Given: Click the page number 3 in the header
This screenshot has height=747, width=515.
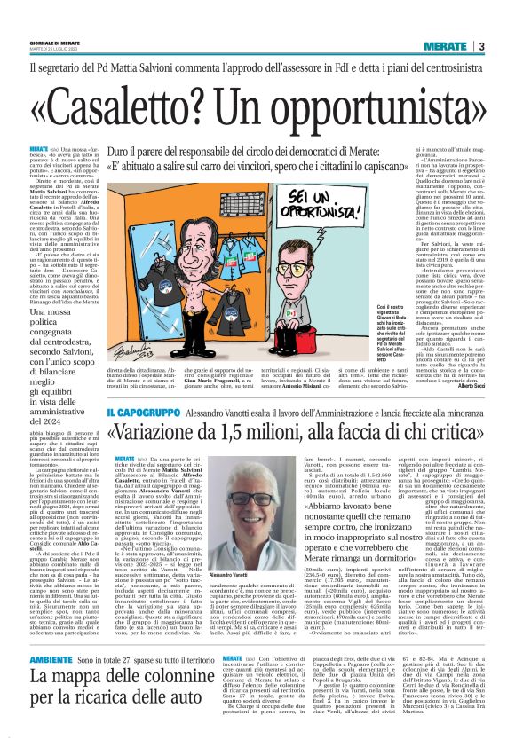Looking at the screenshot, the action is click(480, 46).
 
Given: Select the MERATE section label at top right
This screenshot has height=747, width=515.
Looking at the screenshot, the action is click(445, 46).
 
